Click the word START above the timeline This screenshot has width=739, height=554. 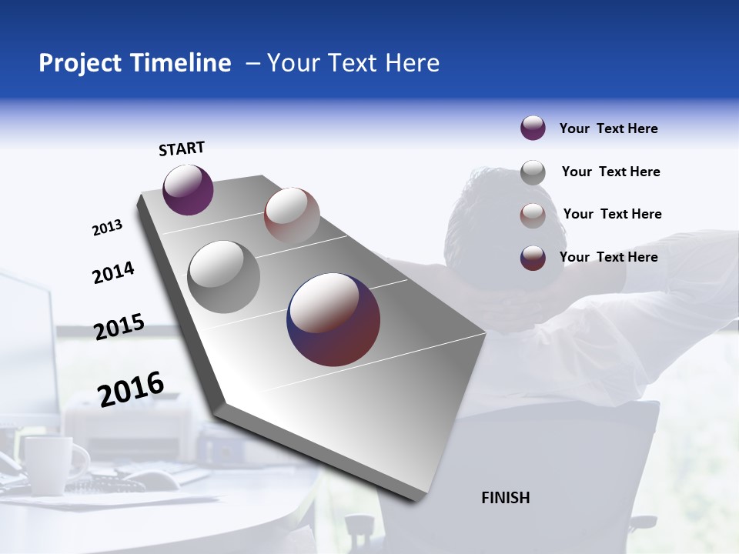pos(182,149)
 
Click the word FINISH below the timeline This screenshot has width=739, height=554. pos(505,498)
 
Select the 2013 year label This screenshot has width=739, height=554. pos(107,228)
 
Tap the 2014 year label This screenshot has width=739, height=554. pos(113,273)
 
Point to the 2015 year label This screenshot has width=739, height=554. pos(119,327)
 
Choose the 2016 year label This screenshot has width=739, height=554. pos(131,389)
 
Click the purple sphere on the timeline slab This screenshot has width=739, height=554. pos(188,190)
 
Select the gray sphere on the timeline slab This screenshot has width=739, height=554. pos(224,277)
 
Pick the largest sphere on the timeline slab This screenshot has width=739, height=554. pos(333,319)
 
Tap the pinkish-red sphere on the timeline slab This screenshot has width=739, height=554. pos(292,215)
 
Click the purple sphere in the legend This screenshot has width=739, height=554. pos(533,128)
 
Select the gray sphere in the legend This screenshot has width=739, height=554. pos(533,172)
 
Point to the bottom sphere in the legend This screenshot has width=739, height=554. pos(533,258)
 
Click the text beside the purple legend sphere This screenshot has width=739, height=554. pos(608,129)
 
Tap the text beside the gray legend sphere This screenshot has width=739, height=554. pos(610,172)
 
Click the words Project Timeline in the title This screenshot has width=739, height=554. pos(135,63)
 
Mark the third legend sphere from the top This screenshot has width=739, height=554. pos(533,215)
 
